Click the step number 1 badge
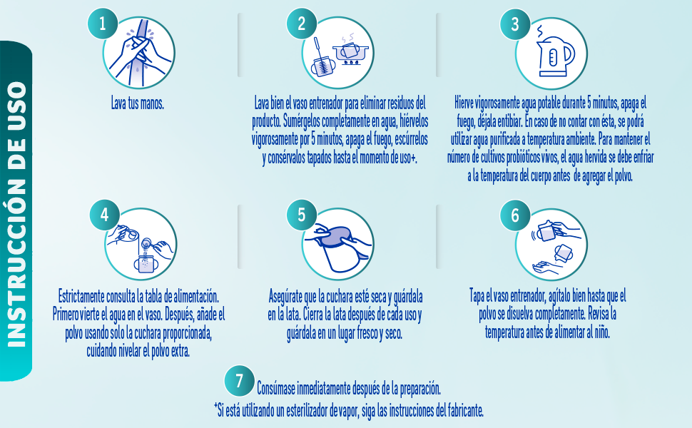(x=102, y=24)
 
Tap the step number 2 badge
(x=302, y=24)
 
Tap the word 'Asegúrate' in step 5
(x=290, y=296)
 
